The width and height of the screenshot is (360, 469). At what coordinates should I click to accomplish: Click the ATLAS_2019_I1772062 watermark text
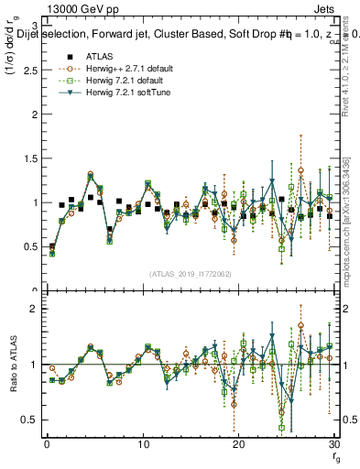(x=190, y=274)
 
